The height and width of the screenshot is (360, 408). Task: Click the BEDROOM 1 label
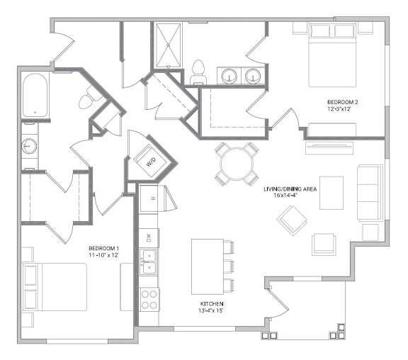click(103, 248)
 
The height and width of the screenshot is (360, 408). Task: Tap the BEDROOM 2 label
click(342, 102)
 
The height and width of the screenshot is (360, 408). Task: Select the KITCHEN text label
click(212, 304)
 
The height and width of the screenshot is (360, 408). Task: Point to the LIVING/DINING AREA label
click(290, 189)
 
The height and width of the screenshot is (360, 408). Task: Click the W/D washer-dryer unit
click(151, 162)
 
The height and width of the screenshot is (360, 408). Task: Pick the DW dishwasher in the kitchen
click(149, 238)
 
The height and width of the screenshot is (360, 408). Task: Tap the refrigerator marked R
click(149, 198)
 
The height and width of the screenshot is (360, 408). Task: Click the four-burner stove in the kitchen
click(149, 299)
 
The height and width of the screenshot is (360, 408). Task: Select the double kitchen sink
click(149, 262)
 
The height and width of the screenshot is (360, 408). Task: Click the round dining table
click(237, 164)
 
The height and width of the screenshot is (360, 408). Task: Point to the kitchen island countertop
click(208, 266)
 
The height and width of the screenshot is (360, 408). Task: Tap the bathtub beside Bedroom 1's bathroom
click(35, 95)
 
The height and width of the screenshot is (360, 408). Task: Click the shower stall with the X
click(168, 45)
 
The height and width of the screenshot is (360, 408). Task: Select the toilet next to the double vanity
click(198, 72)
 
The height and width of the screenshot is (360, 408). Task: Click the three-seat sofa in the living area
click(370, 193)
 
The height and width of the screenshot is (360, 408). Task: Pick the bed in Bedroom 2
click(332, 55)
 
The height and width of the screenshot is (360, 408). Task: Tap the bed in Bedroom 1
click(55, 287)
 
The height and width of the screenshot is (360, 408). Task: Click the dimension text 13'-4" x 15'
click(211, 310)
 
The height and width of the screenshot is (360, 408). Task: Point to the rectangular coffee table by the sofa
click(331, 193)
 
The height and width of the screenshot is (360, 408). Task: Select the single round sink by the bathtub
click(29, 146)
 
